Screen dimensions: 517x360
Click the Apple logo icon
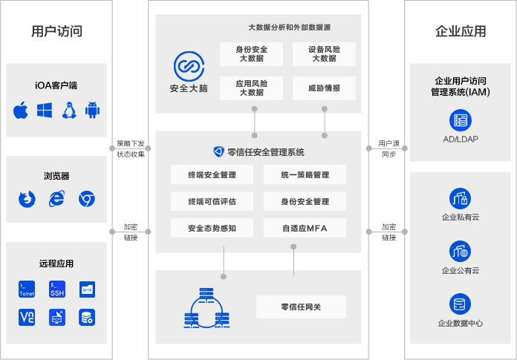pos(21,111)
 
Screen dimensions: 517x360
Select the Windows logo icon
pos(45,111)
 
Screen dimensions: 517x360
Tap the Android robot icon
pos(92,110)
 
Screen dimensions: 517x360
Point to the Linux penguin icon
pos(69,110)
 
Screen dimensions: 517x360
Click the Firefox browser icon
pos(27,199)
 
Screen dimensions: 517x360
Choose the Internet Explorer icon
pos(56,199)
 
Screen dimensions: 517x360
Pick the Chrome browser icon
pos(87,199)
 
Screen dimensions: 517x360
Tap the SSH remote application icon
pos(57,289)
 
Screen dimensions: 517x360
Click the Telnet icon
pos(27,289)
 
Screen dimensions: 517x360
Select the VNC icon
pos(27,318)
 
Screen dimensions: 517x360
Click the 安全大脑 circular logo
pos(189,66)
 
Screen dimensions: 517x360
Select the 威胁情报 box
pos(324,88)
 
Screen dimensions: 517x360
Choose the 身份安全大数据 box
pos(252,54)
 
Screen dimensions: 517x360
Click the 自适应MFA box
pos(305,228)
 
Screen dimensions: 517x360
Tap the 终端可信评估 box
pos(212,201)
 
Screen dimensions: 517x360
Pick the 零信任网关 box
pos(301,307)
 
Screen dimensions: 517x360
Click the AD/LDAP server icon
pos(461,120)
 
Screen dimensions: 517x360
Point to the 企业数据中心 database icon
pos(460,304)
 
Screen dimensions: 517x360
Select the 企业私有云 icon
pos(460,199)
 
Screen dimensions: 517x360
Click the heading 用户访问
pos(56,31)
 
